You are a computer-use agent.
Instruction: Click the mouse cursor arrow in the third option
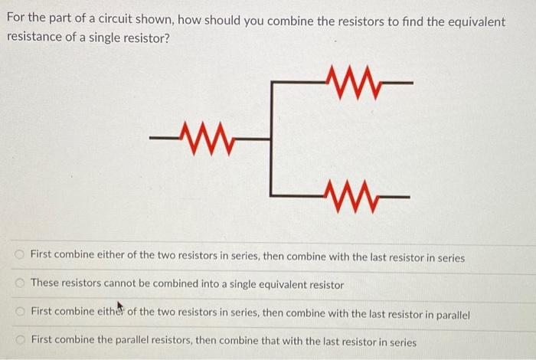click(120, 309)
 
